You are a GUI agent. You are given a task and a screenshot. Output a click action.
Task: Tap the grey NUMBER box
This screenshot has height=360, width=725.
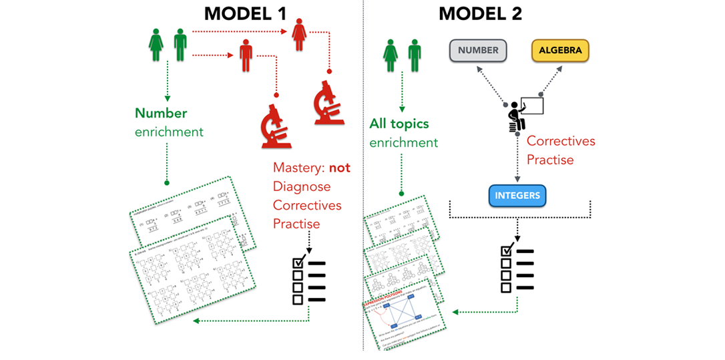point(479,50)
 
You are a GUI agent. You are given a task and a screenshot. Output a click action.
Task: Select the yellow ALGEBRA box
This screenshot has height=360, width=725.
point(560,50)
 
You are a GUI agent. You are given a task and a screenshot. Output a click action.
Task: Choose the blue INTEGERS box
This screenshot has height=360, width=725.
point(517,196)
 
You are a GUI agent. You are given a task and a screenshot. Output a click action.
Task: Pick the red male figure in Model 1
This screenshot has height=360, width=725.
point(247,55)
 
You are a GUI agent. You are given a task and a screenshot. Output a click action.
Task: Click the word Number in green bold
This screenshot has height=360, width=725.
point(161,114)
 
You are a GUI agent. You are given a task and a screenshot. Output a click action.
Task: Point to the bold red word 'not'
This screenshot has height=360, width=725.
point(338,168)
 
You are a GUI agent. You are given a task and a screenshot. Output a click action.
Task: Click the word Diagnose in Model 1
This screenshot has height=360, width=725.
point(302,186)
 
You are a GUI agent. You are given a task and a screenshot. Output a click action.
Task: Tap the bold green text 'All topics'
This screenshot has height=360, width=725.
point(399,124)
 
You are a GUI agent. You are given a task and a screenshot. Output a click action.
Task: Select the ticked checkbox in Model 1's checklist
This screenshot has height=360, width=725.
point(298,263)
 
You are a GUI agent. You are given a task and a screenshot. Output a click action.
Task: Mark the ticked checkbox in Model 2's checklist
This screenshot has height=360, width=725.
point(506,252)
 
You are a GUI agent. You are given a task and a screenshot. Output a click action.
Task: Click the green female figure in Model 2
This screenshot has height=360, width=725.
point(391,55)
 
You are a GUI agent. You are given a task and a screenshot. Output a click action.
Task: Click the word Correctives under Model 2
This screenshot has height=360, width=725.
point(561,142)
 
